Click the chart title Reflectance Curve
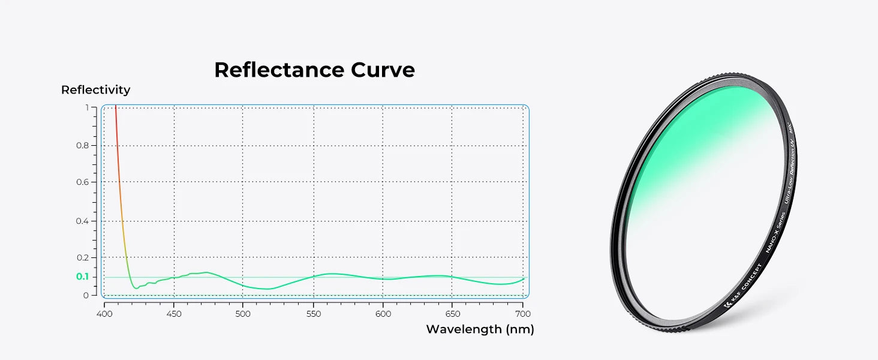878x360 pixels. [314, 70]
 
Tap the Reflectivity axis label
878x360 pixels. [95, 90]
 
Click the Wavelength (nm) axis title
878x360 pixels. [480, 329]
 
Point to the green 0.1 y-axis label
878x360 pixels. [82, 277]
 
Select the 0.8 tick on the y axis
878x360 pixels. [82, 145]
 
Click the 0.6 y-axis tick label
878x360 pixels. [82, 182]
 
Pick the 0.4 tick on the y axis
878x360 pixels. [82, 221]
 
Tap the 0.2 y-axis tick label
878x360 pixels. [82, 257]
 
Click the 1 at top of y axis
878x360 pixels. [86, 108]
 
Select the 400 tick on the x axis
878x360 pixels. [104, 313]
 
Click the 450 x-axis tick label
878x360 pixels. [174, 313]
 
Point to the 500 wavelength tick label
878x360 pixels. [243, 313]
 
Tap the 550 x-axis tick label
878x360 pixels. [313, 313]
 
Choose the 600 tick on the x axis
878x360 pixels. [383, 313]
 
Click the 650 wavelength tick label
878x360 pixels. [452, 313]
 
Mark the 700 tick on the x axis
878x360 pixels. [522, 313]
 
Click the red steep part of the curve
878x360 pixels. [118, 156]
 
